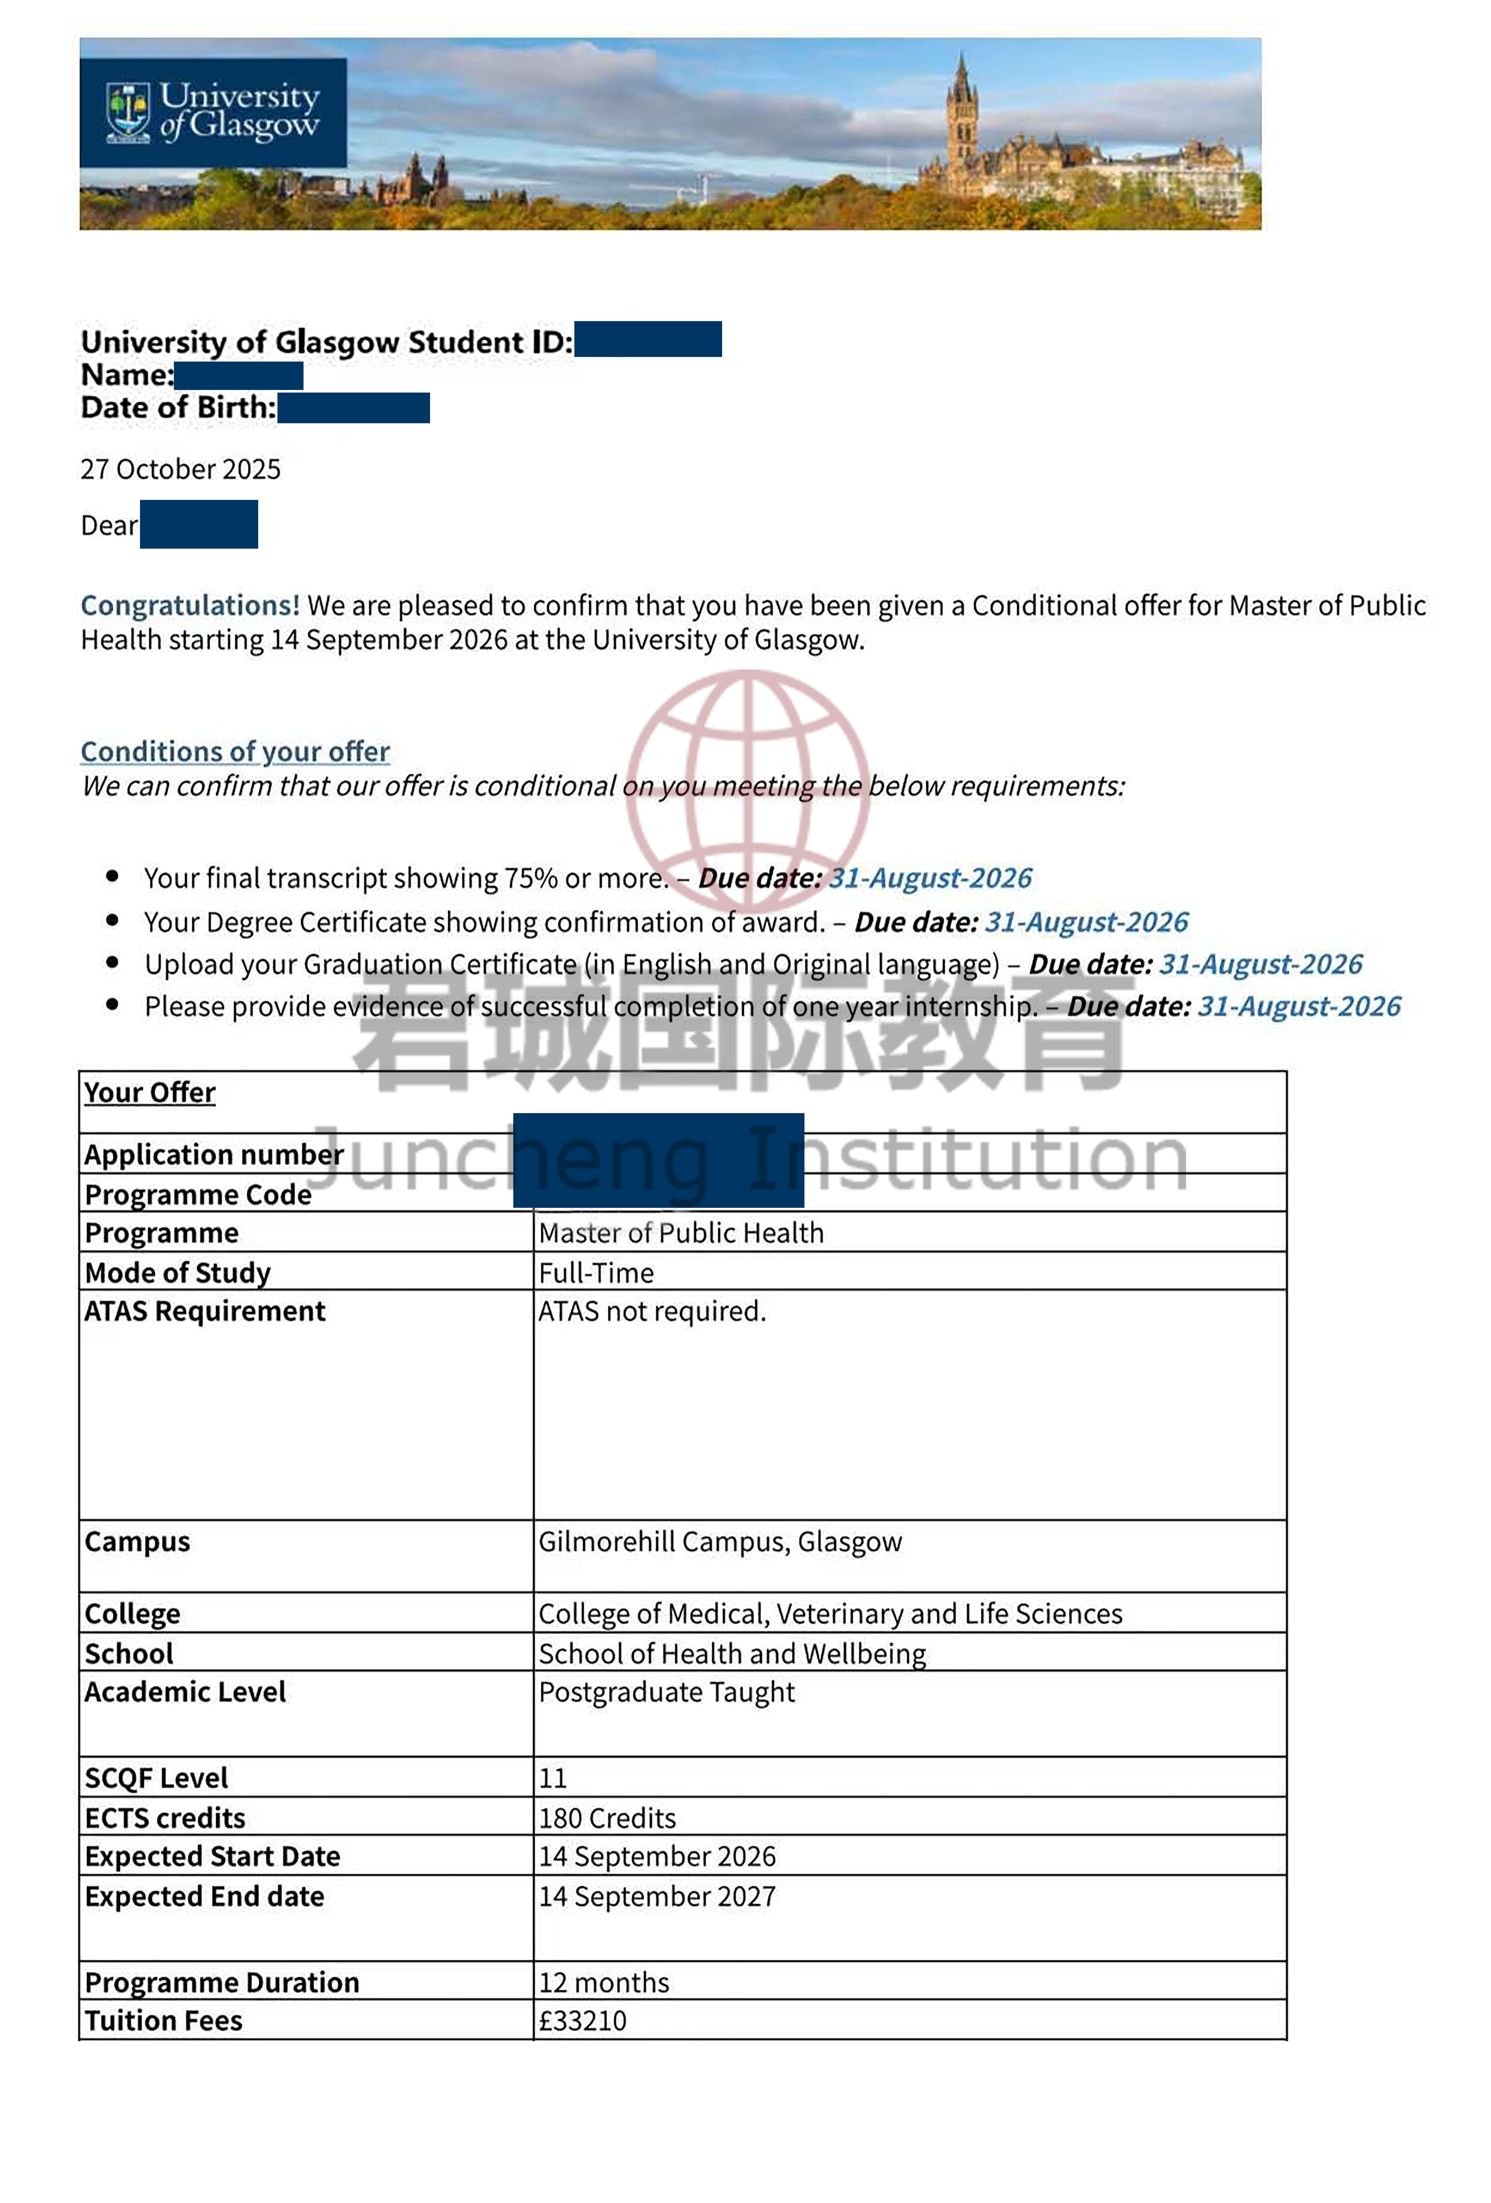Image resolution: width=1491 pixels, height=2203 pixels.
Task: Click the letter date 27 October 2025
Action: [180, 468]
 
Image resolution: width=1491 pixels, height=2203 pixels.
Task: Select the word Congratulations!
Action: [190, 605]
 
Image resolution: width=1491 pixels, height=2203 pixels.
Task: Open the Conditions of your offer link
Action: [235, 751]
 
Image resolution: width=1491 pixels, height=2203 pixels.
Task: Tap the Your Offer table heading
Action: [150, 1092]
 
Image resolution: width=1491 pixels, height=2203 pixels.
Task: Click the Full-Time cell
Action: [596, 1272]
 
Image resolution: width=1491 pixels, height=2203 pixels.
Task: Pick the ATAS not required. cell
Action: [652, 1311]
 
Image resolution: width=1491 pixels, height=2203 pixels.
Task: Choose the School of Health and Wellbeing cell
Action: [732, 1653]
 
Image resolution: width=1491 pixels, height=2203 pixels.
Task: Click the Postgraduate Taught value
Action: [666, 1692]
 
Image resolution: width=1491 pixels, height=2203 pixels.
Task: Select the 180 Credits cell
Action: [606, 1818]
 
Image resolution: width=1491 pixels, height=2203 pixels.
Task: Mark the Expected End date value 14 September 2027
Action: [657, 1896]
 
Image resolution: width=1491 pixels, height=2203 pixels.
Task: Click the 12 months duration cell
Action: [604, 1982]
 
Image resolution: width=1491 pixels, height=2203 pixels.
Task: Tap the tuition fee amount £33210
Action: [582, 2020]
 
